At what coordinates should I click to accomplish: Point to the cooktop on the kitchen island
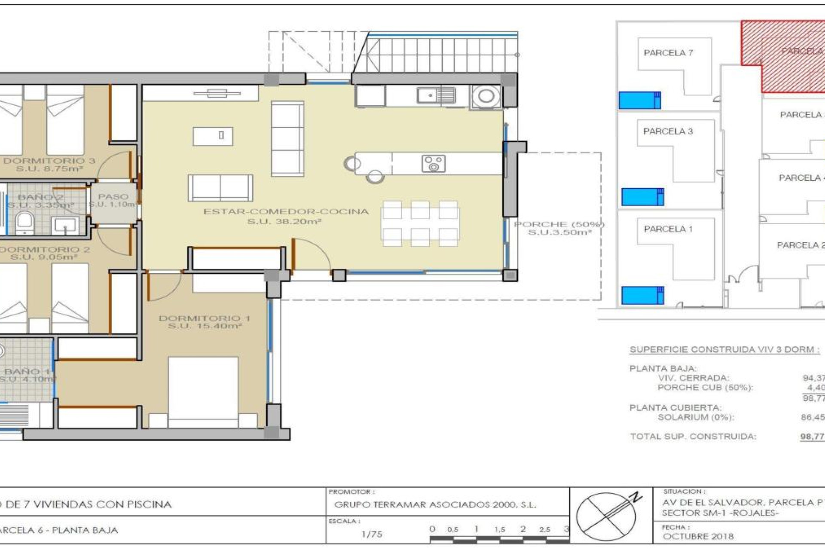[x=433, y=163]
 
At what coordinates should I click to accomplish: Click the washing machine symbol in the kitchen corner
[x=486, y=96]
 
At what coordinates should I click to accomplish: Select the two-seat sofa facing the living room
[x=220, y=188]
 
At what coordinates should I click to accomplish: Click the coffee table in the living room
[x=213, y=136]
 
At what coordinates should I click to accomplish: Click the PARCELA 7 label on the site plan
[x=668, y=53]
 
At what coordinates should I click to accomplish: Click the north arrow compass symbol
[x=607, y=516]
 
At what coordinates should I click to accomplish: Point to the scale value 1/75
[x=372, y=534]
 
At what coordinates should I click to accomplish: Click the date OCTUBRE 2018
[x=698, y=536]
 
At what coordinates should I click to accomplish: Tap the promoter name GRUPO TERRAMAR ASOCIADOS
[x=435, y=505]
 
